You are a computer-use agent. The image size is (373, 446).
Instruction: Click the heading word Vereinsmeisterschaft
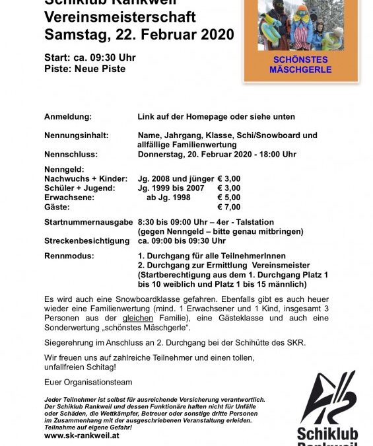tap(115, 18)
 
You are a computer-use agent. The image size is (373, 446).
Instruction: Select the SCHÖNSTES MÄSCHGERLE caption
tap(301, 64)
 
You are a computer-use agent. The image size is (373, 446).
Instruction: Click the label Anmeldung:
tap(67, 116)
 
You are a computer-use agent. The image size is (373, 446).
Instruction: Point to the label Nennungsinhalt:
tap(76, 135)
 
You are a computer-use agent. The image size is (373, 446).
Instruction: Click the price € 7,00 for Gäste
tap(229, 207)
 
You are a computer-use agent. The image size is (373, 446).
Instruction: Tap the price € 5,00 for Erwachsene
tap(229, 198)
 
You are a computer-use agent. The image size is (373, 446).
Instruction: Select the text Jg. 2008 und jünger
tap(175, 178)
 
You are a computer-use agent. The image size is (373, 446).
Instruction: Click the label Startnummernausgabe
tap(88, 222)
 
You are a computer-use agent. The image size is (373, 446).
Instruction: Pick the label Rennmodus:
tap(69, 254)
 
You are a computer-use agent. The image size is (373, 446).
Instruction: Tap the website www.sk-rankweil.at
tap(82, 435)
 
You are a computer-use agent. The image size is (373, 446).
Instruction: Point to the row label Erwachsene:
tap(69, 198)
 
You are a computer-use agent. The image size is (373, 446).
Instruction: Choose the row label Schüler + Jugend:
tap(79, 188)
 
